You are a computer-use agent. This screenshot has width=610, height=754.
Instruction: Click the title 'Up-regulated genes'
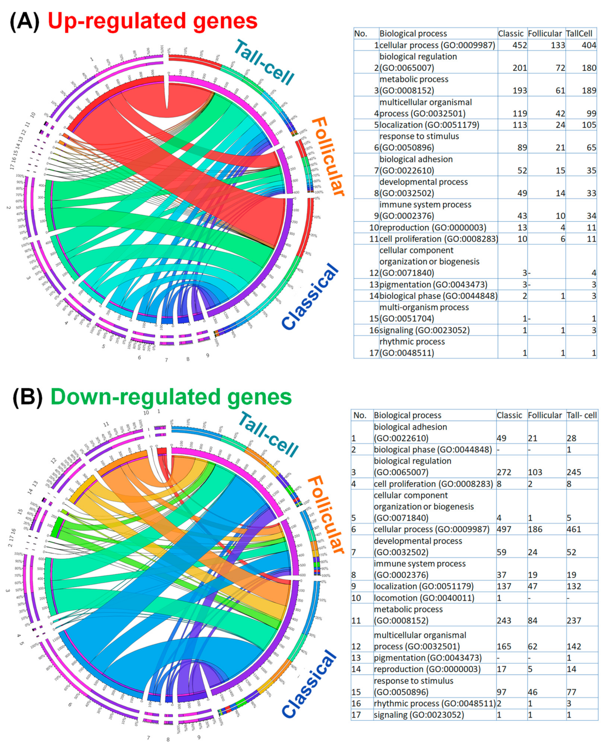[153, 21]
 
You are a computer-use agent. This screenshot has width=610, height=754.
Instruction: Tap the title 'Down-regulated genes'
[171, 397]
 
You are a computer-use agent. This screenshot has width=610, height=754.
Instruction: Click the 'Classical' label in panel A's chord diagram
[310, 297]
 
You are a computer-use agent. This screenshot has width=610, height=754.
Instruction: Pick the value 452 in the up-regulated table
[519, 45]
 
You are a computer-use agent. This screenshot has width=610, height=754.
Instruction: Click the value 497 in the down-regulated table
[504, 529]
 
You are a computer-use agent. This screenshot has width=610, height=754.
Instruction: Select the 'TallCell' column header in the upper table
[579, 34]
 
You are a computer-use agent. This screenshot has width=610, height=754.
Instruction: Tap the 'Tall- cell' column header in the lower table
[582, 415]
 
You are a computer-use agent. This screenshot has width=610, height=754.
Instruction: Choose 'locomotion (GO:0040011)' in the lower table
[424, 598]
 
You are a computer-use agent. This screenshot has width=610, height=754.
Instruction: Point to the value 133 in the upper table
[558, 45]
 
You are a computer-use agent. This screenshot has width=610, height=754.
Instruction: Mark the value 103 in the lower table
[535, 472]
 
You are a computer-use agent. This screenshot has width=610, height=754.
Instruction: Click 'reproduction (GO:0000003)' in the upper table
[433, 228]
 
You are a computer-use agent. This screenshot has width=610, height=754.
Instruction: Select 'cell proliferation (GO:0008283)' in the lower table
[433, 484]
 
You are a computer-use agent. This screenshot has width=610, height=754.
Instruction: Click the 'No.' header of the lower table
[360, 415]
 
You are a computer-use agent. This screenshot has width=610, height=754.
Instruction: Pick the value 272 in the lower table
[504, 472]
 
